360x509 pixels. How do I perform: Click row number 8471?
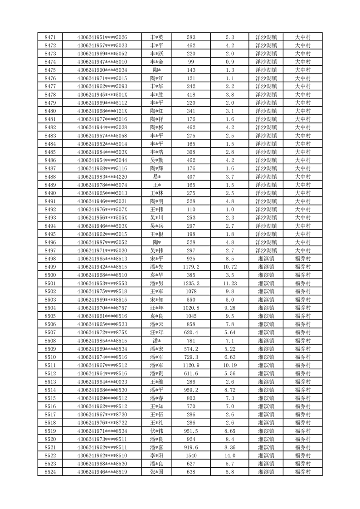[x=51, y=37]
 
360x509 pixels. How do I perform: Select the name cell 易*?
[x=157, y=176]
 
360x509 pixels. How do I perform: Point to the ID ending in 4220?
[x=102, y=176]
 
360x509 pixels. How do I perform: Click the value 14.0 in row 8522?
[x=229, y=455]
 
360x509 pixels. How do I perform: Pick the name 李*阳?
[x=157, y=455]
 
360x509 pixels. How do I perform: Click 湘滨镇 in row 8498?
[x=266, y=259]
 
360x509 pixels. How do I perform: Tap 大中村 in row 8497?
[x=302, y=250]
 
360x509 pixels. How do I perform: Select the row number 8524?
[x=51, y=472]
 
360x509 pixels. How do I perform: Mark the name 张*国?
[x=157, y=472]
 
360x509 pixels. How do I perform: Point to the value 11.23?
[x=229, y=283]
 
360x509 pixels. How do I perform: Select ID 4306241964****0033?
[x=102, y=382]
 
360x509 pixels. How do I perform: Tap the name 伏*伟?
[x=157, y=431]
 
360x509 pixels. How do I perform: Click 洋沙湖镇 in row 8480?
[x=266, y=111]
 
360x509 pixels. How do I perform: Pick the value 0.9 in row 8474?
[x=229, y=62]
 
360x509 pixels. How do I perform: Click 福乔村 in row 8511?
[x=302, y=365]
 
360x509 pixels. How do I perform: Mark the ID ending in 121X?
[x=102, y=111]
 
